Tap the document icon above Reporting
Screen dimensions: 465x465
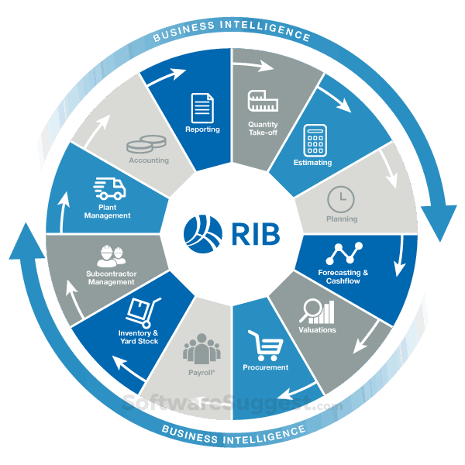tap(203, 107)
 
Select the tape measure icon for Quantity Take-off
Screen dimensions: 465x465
tap(263, 101)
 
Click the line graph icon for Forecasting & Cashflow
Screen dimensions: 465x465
tap(343, 253)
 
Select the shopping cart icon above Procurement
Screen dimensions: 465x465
tap(263, 345)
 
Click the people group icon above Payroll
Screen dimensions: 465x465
tap(201, 347)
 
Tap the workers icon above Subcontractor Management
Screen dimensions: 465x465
tap(112, 255)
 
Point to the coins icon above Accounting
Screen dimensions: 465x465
tap(146, 144)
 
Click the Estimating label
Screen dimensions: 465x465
tap(313, 163)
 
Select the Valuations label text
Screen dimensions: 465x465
tap(317, 330)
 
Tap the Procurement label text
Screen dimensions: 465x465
tap(266, 367)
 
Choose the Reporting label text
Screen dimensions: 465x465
tap(202, 129)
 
